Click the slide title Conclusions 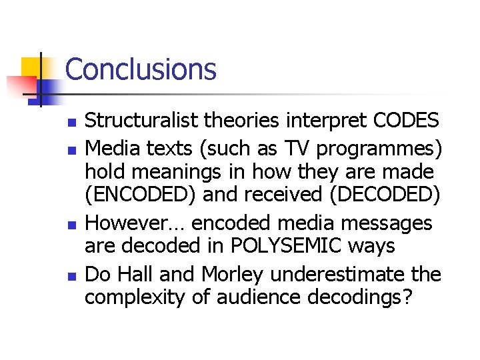141,69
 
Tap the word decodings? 360,298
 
